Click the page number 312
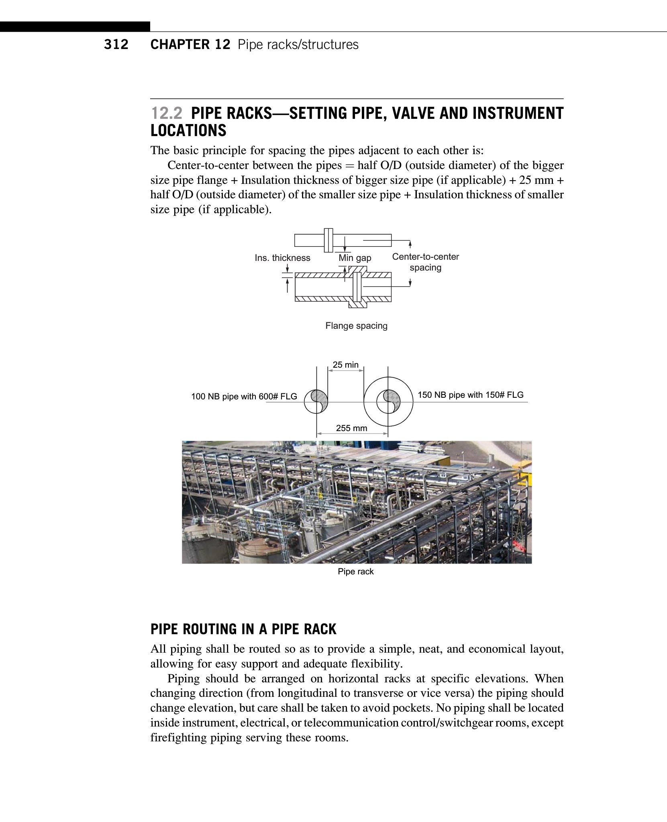[116, 44]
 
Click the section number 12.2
[166, 114]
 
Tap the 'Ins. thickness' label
[282, 258]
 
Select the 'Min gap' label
[355, 258]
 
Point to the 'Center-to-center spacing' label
[425, 262]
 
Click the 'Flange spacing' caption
[356, 326]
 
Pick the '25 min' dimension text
[345, 364]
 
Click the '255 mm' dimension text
[351, 428]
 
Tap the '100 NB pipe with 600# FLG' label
[244, 397]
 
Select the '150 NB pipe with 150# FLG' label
[470, 395]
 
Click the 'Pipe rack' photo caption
[355, 571]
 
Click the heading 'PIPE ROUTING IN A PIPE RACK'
[243, 629]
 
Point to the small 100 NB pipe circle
[316, 401]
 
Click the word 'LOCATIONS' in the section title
[188, 131]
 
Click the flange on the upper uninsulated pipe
[328, 240]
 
